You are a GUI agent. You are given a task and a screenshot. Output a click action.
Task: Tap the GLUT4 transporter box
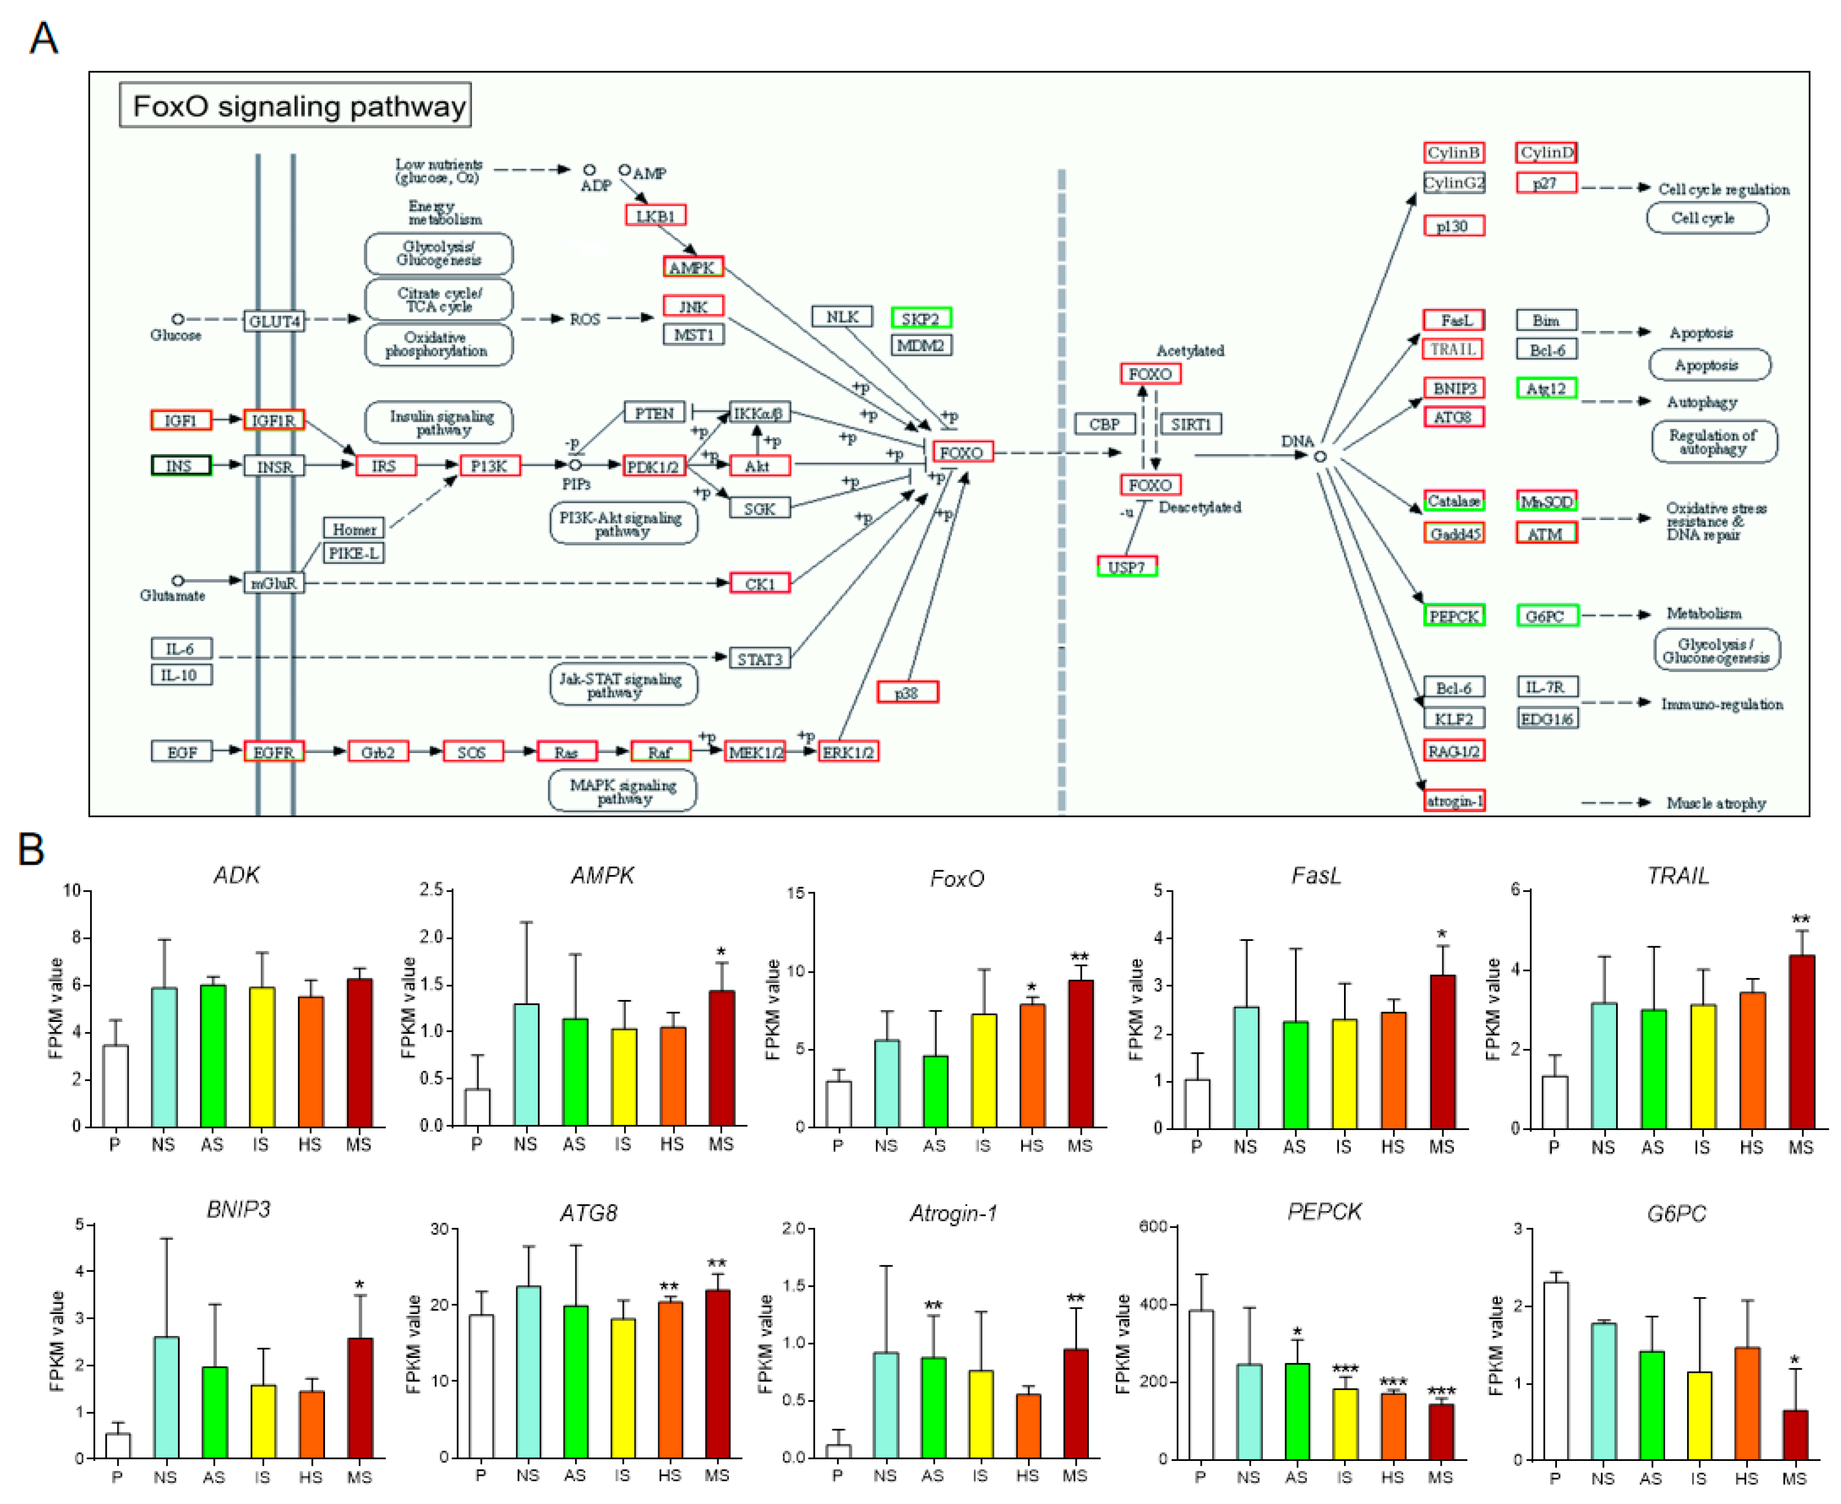click(x=274, y=321)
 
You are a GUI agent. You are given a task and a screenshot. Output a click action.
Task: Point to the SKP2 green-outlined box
click(x=921, y=319)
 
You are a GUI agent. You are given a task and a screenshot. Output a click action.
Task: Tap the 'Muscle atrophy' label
click(x=1715, y=803)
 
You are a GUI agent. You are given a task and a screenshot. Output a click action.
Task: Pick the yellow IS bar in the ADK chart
click(x=262, y=1057)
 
